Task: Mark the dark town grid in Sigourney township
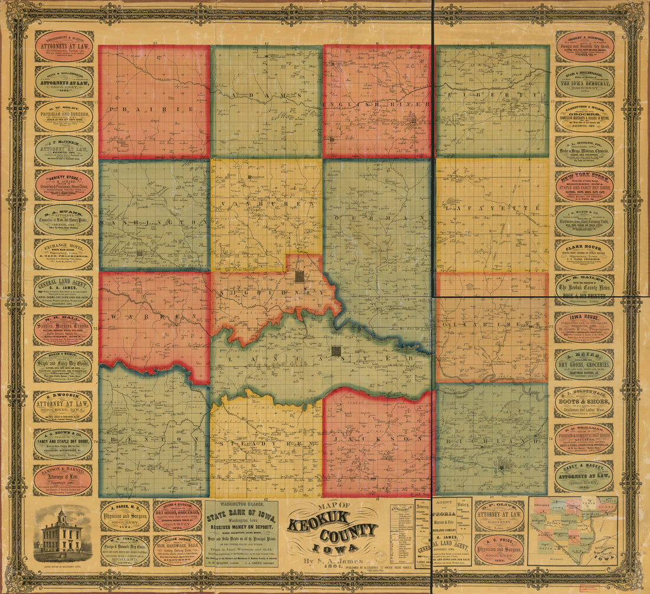(x=300, y=275)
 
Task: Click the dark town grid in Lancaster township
(x=336, y=351)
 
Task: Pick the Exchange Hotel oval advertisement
(x=63, y=255)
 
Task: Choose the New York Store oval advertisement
(x=584, y=186)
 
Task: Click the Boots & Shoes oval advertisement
(x=584, y=403)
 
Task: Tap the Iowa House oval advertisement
(x=584, y=327)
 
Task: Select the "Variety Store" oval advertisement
(x=63, y=186)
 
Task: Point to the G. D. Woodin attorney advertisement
(x=63, y=406)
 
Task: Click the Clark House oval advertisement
(x=584, y=255)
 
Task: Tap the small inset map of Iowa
(x=573, y=530)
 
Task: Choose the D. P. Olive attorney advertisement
(x=499, y=516)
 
